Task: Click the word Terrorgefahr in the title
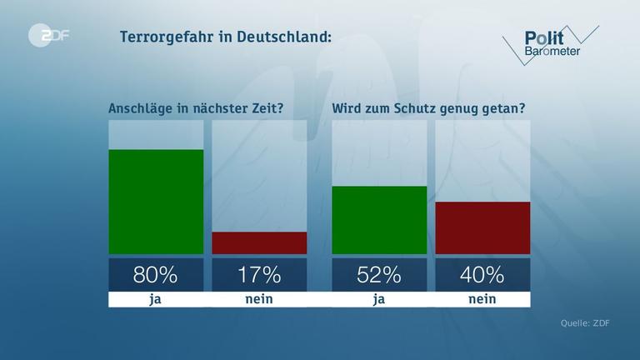(x=167, y=37)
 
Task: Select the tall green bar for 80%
(x=156, y=202)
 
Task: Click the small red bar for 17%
(x=259, y=242)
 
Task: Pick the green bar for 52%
(x=379, y=220)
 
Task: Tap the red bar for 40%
(x=483, y=227)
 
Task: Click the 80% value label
(x=156, y=274)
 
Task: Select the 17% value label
(x=259, y=274)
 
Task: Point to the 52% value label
(x=379, y=274)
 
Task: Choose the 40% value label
(x=483, y=274)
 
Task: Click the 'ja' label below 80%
(x=156, y=299)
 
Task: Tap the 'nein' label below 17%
(x=259, y=299)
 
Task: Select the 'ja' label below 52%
(x=379, y=299)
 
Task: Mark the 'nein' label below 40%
(x=483, y=299)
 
